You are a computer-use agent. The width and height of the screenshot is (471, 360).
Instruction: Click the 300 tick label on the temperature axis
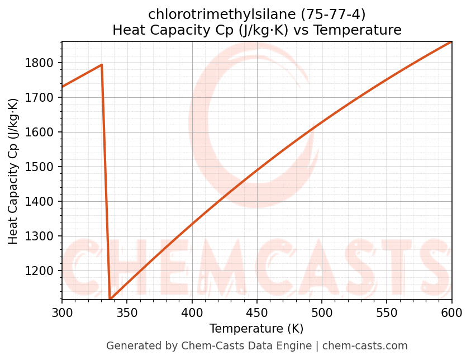(62, 312)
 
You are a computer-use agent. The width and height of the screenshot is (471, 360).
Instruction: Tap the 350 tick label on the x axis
(127, 312)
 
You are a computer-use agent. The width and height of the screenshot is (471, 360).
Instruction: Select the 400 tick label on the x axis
(192, 312)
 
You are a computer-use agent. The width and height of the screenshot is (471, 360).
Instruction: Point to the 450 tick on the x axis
(257, 312)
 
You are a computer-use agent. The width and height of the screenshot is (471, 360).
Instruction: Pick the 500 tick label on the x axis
(322, 312)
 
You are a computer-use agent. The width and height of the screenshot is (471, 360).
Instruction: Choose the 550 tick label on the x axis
(387, 312)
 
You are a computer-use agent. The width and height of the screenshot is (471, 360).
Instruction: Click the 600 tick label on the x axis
(451, 312)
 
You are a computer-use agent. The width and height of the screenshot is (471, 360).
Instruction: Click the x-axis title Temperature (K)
(256, 329)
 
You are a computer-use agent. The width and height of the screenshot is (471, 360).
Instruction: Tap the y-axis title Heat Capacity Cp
(13, 171)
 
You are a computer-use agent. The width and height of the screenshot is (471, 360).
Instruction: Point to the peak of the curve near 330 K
(102, 65)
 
